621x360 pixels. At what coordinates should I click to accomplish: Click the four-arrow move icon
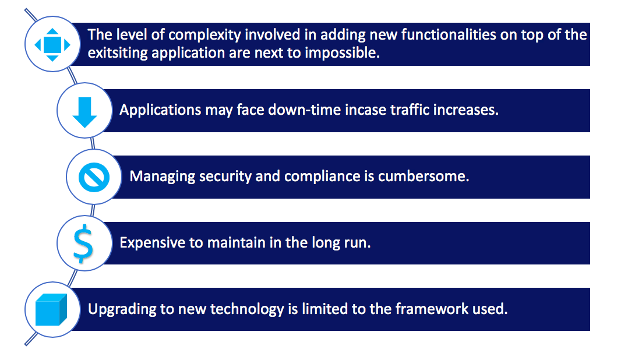coord(52,44)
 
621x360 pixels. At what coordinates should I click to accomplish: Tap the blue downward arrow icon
coord(84,110)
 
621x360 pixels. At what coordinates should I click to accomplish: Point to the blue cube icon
coord(52,309)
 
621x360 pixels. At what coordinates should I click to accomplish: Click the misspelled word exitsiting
coord(116,52)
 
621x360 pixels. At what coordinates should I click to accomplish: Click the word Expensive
coord(152,243)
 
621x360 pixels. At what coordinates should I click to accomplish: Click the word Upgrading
coord(120,309)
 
